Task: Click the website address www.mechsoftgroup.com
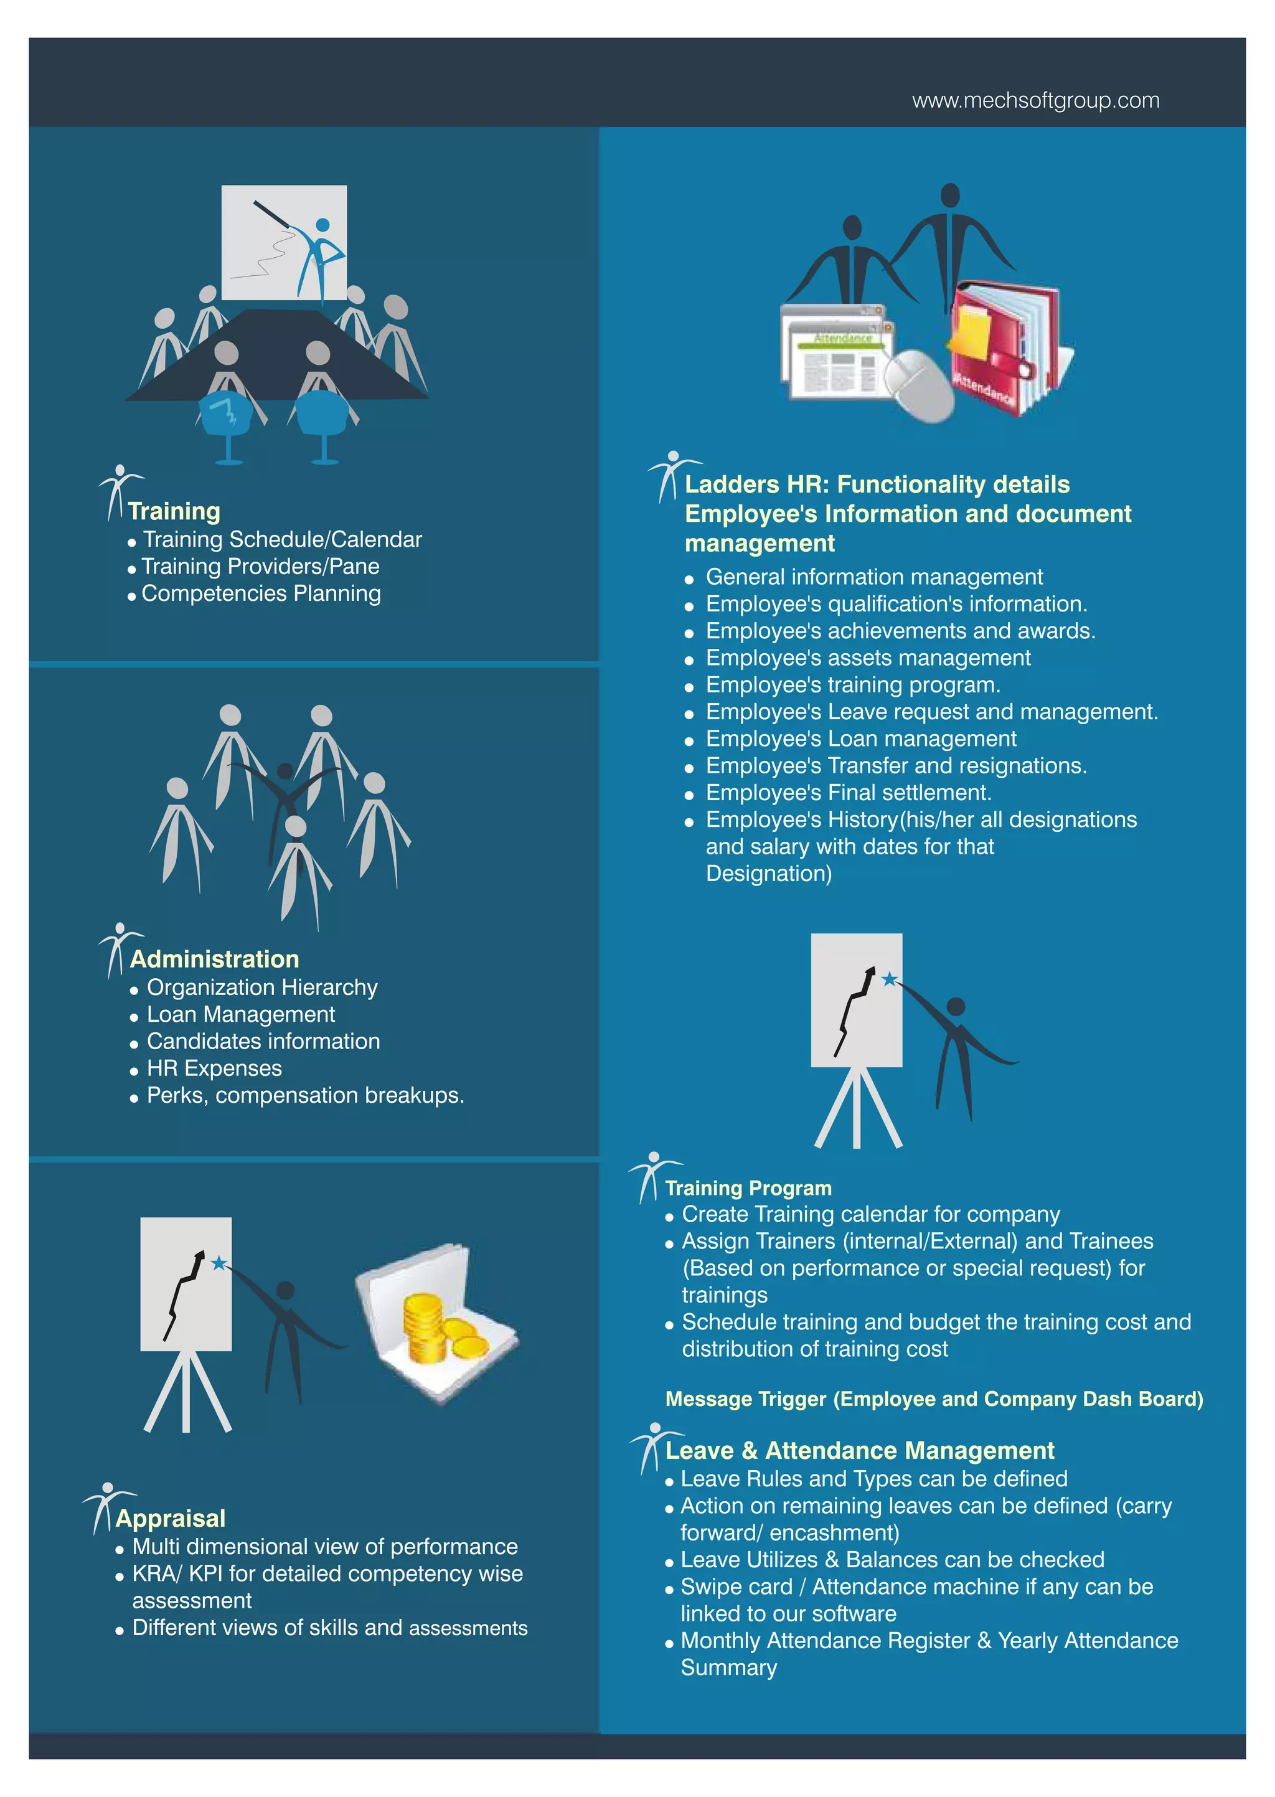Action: (1035, 100)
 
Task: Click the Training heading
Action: (174, 511)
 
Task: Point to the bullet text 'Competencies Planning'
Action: (261, 593)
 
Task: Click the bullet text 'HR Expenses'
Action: (214, 1068)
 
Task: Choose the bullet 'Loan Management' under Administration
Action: (241, 1014)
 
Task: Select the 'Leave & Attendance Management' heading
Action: (860, 1450)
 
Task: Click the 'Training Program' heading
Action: (748, 1188)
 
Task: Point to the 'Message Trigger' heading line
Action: (934, 1399)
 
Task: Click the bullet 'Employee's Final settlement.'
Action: (849, 793)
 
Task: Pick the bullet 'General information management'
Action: (875, 577)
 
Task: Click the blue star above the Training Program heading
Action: (890, 978)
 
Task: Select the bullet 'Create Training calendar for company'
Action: (871, 1214)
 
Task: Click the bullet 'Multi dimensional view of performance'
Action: (325, 1547)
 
